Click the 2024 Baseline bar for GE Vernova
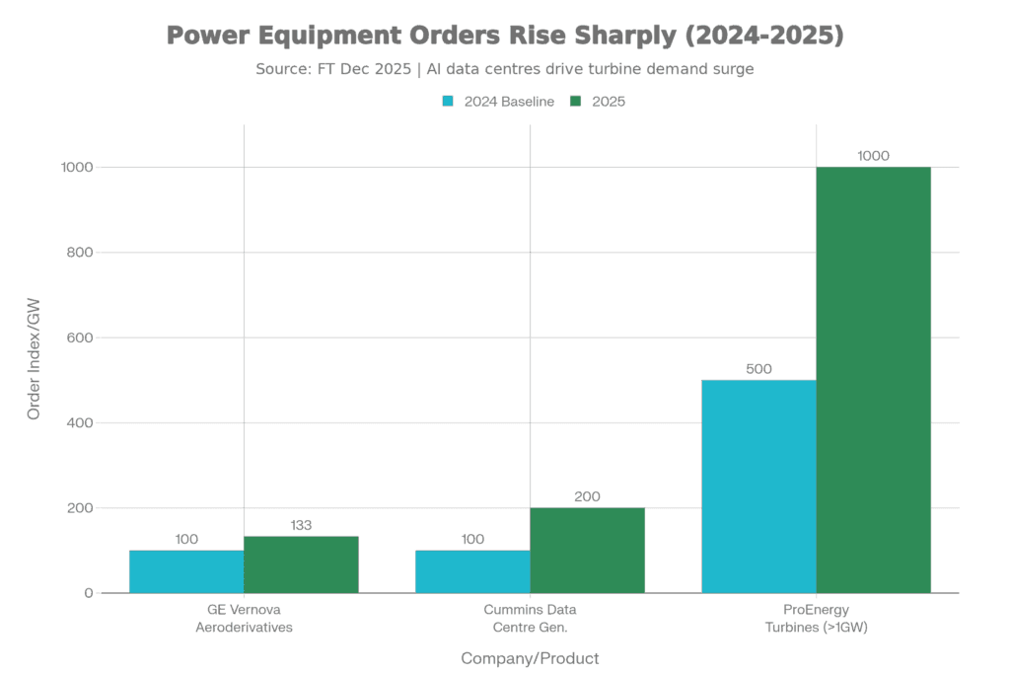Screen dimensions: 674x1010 (186, 571)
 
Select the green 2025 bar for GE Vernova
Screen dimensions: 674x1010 (301, 563)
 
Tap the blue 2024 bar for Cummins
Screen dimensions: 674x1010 (472, 571)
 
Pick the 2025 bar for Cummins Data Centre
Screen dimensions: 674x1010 (587, 550)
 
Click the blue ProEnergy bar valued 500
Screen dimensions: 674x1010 (758, 486)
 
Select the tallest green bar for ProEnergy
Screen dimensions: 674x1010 (873, 380)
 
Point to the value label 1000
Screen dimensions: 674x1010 (873, 155)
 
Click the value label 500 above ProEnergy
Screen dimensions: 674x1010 (758, 369)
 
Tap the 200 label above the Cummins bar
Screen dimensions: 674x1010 (587, 496)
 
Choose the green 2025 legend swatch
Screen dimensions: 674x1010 (577, 102)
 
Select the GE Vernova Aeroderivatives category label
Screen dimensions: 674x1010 (244, 618)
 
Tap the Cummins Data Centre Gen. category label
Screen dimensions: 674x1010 (530, 618)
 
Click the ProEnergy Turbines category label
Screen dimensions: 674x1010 (816, 618)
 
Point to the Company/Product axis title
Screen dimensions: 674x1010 (530, 657)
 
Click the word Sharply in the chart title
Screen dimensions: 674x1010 (614, 37)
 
